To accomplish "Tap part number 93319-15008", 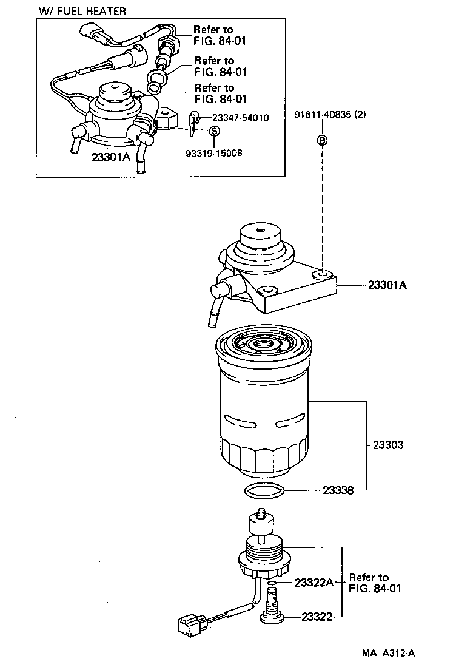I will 213,154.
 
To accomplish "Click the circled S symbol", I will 214,131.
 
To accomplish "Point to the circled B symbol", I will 323,141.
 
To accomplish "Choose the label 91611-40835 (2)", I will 330,115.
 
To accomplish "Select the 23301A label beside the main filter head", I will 387,284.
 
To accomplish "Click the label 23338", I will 338,490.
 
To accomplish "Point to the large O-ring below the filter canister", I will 263,492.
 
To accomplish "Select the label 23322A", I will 314,583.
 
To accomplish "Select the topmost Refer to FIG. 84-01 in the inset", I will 213,35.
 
